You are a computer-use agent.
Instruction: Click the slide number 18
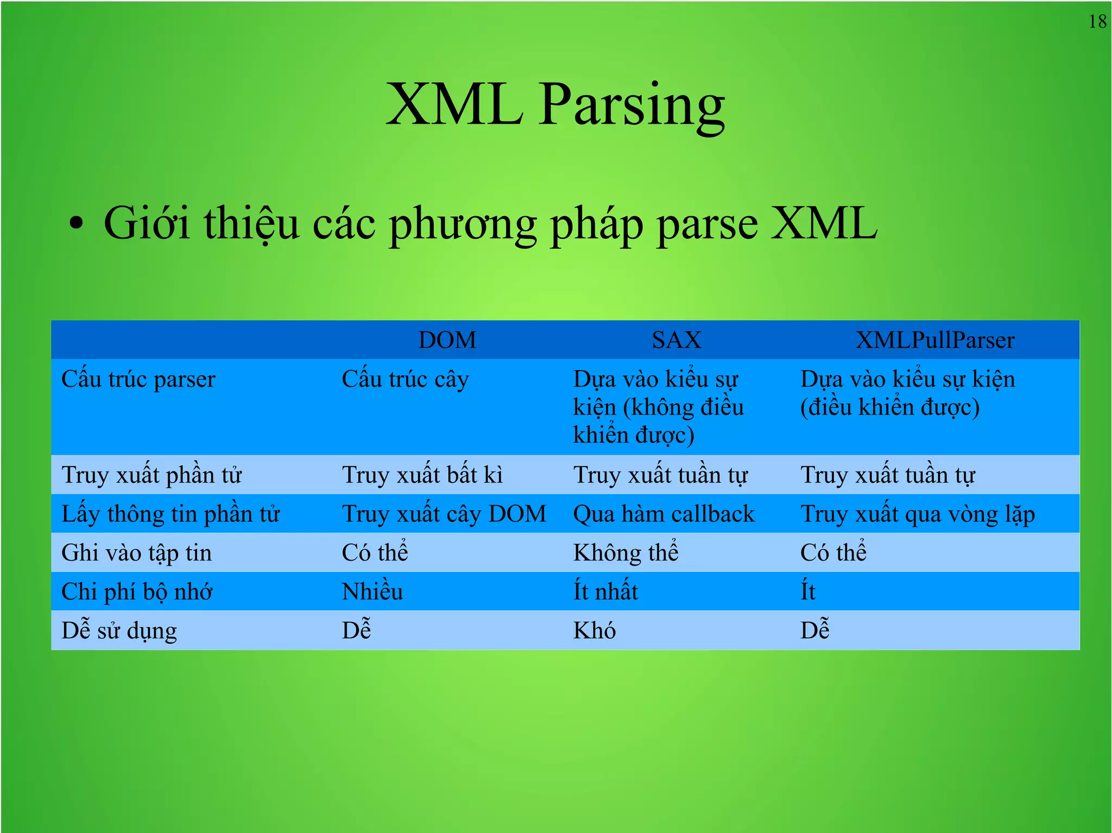(x=1097, y=22)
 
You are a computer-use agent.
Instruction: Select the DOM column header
(x=447, y=340)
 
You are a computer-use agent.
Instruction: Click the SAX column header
(x=676, y=340)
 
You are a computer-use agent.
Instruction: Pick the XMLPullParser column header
(x=934, y=340)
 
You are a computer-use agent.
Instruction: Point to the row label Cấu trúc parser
(x=138, y=379)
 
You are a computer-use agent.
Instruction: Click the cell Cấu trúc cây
(x=405, y=379)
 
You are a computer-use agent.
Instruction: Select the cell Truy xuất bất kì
(x=422, y=475)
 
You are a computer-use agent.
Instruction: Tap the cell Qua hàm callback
(x=664, y=514)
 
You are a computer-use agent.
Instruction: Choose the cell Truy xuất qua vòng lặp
(x=918, y=514)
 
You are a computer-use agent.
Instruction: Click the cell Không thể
(x=625, y=552)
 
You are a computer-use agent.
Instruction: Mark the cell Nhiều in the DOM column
(x=372, y=592)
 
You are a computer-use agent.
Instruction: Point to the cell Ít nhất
(x=605, y=592)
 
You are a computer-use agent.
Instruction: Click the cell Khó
(x=595, y=631)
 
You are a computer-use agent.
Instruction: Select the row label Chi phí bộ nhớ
(x=137, y=592)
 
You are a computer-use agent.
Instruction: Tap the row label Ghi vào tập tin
(x=137, y=553)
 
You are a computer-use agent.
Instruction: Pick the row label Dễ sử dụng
(x=119, y=631)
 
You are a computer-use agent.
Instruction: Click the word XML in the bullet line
(x=824, y=223)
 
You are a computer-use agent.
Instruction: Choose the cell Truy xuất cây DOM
(x=444, y=514)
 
